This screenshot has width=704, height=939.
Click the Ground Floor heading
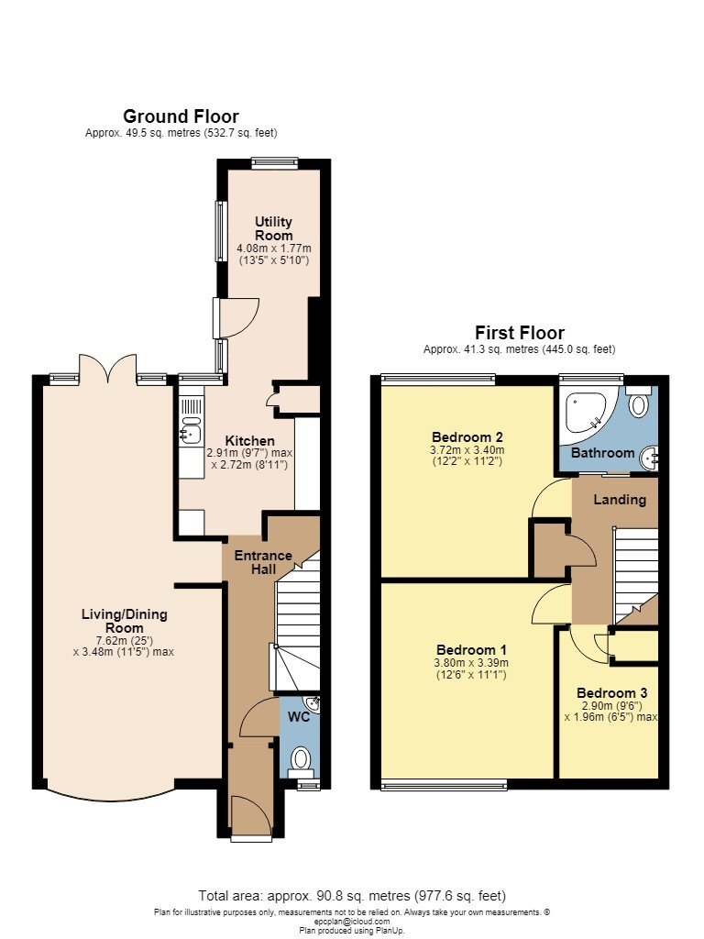[181, 116]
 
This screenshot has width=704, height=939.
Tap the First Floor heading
[520, 332]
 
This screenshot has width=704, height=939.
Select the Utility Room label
[274, 228]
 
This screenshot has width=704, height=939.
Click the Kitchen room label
[249, 441]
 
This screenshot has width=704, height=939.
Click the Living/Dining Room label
[125, 621]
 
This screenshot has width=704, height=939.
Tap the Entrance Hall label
[263, 562]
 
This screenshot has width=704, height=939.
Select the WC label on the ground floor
[300, 716]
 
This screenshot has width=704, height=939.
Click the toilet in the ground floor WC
[300, 762]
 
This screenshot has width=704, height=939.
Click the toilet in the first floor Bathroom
[639, 402]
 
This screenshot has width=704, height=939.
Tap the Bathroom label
[602, 453]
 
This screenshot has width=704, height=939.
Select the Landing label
[620, 500]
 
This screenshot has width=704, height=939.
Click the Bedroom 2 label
[467, 436]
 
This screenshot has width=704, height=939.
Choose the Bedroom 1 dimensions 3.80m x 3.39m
[471, 663]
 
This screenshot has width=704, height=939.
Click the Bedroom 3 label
[611, 693]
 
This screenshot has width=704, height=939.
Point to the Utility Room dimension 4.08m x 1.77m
[274, 248]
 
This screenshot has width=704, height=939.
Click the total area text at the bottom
[352, 896]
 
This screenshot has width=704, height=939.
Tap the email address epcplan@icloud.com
[352, 922]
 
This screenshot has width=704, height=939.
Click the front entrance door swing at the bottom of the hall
[251, 813]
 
